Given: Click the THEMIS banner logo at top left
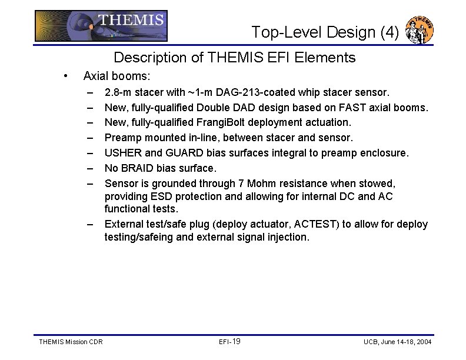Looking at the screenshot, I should point(101,26).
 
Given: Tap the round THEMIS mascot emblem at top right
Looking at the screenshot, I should point(421,29).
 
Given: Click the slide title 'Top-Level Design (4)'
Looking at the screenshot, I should point(325,32).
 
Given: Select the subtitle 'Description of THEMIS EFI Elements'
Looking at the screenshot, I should point(234,58).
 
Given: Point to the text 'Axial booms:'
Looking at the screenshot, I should point(116,76).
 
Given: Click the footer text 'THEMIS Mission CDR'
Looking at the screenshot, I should point(70,342).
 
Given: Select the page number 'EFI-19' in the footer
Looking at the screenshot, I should point(229,342).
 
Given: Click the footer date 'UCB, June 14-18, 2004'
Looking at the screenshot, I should point(397,342).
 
